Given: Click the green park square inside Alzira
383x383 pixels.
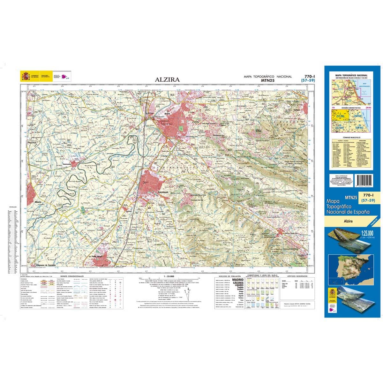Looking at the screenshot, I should [181, 128].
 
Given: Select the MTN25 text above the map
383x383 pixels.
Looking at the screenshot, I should [267, 81].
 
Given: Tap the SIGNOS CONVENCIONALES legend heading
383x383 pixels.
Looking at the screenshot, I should [69, 276].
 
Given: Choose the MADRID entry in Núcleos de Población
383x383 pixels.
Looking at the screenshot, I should [238, 280].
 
